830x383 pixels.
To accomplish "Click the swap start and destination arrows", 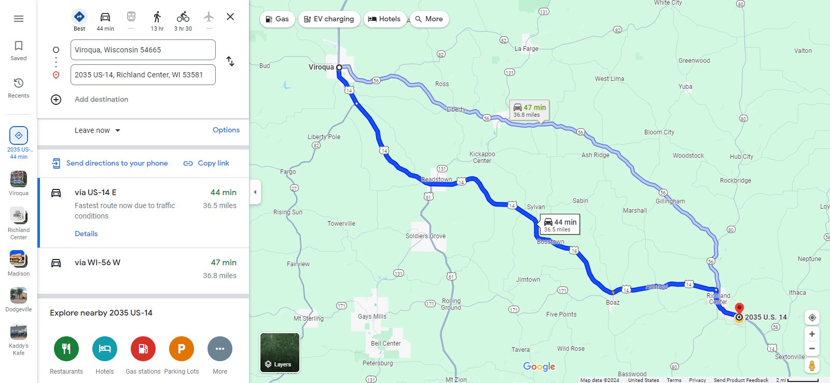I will point(230,61).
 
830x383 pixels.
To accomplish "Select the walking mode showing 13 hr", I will point(157,21).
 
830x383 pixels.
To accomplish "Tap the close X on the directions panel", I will point(230,17).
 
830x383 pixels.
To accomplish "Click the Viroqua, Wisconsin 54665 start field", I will point(143,50).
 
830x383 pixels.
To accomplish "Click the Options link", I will point(226,130).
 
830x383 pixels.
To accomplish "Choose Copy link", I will point(206,163).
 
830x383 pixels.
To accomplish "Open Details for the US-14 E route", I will point(86,234).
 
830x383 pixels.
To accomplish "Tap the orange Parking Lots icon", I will point(182,349).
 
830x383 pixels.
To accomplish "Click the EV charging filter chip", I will point(329,19).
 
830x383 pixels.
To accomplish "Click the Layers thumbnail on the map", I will point(280,353).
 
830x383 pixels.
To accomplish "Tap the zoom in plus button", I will point(812,334).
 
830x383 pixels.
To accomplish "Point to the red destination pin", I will point(740,309).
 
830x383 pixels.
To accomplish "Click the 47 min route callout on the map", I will point(529,110).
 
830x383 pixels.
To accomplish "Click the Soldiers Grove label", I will point(425,236).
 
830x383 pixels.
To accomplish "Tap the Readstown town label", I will point(436,180).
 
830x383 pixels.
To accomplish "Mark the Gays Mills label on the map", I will point(372,317).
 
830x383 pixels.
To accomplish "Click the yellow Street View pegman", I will point(812,365).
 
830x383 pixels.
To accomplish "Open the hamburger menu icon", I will point(19,19).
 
